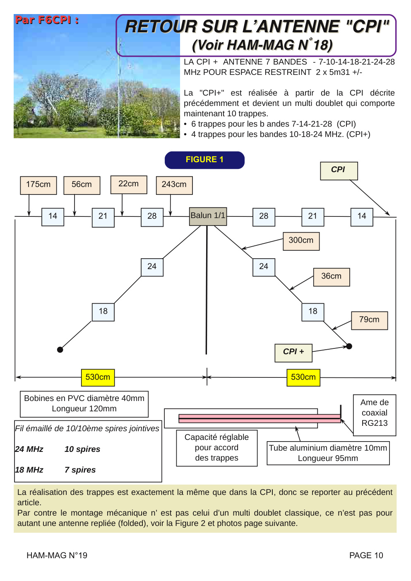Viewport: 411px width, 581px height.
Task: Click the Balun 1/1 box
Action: coord(208,216)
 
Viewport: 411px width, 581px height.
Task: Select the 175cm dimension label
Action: coord(38,185)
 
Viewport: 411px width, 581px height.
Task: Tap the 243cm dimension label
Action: coord(174,185)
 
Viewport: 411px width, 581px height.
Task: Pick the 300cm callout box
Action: coord(301,241)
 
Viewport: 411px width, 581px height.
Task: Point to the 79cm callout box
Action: coord(370,321)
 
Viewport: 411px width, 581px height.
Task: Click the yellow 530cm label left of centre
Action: coord(98,377)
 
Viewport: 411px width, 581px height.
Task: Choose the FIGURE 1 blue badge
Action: coord(204,160)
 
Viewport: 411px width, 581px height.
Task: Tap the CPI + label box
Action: coord(293,353)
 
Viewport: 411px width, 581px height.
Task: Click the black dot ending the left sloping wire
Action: coord(60,350)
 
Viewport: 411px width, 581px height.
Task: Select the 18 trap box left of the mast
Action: coord(103,312)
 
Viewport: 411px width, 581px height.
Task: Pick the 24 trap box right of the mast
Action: coord(264,267)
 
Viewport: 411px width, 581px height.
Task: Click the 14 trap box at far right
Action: coord(362,217)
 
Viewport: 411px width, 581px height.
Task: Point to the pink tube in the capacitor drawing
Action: coord(260,418)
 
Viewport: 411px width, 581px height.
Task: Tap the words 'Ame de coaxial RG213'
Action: coord(375,413)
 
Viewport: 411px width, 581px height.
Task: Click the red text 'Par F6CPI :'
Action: coord(47,20)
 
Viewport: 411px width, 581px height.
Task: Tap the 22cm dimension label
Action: coord(129,185)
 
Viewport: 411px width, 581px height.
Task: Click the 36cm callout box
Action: coord(332,277)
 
